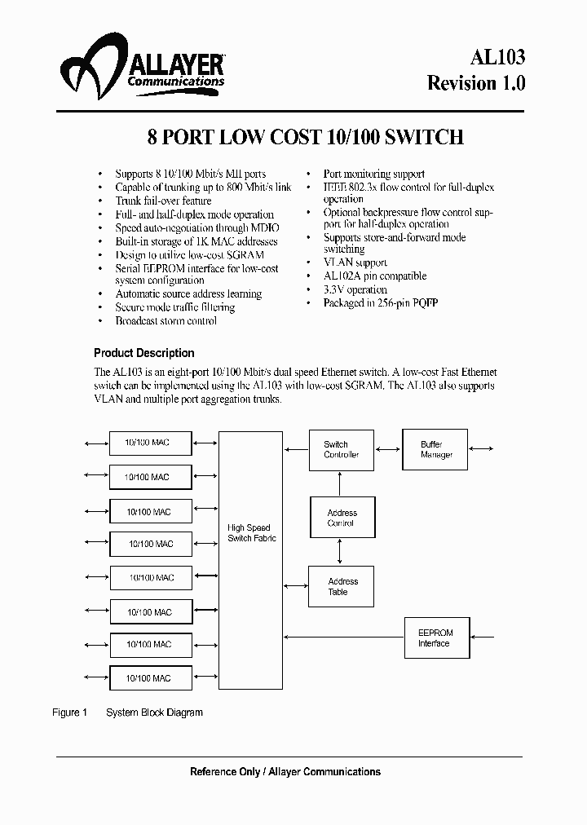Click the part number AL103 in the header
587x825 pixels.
click(497, 56)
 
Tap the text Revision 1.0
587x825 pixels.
click(477, 83)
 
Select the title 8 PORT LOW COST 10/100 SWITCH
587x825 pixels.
click(305, 137)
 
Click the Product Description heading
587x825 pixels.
click(144, 353)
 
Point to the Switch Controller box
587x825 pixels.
click(341, 449)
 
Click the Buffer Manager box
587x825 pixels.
click(435, 449)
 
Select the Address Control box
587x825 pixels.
click(342, 518)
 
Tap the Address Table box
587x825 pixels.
click(342, 586)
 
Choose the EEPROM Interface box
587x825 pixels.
click(434, 637)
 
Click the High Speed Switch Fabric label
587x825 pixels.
click(250, 533)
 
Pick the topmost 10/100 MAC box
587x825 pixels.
click(151, 442)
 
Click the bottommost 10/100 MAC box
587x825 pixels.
click(151, 677)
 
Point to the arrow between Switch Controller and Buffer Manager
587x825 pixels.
click(388, 449)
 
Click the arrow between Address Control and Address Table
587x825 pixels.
click(342, 552)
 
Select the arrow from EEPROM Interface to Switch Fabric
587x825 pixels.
click(342, 637)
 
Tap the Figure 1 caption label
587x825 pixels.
click(69, 712)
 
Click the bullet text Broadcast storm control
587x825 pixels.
click(166, 321)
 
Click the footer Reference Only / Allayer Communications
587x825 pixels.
click(285, 771)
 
